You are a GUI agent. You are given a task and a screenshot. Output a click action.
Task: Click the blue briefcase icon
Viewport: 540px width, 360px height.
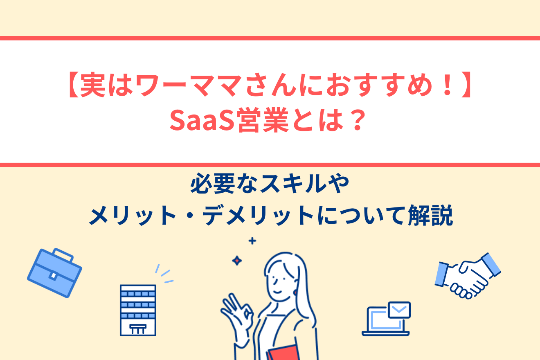(x=54, y=272)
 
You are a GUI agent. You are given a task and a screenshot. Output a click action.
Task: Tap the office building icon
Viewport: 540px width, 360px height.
(x=138, y=310)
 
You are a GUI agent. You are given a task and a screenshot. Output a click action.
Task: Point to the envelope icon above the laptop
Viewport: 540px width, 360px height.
(x=399, y=310)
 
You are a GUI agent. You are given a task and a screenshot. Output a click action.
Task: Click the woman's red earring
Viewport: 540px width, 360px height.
(x=295, y=293)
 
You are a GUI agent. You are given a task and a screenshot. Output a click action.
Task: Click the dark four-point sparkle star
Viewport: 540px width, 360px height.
(x=236, y=260)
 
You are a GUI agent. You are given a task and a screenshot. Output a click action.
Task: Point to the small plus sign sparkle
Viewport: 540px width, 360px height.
(x=252, y=241)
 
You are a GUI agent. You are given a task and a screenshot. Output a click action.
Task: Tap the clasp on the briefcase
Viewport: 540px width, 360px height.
(x=53, y=276)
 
